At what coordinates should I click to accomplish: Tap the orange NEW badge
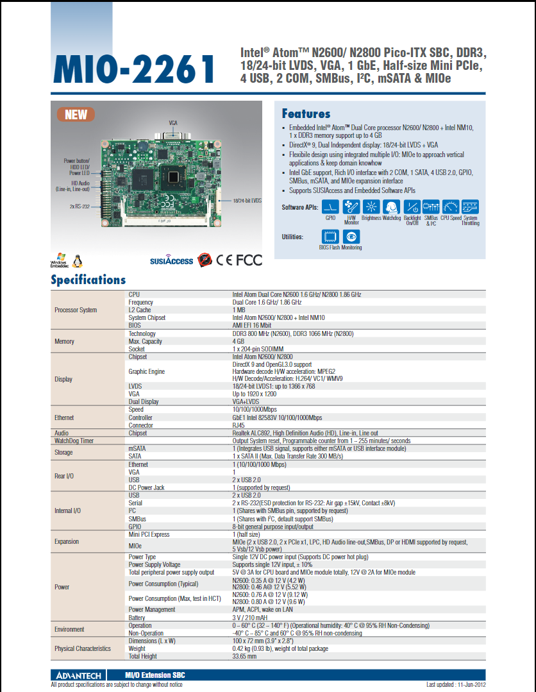point(76,115)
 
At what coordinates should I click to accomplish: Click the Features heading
point(306,114)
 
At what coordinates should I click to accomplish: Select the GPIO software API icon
point(330,207)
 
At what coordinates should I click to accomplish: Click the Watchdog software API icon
point(391,207)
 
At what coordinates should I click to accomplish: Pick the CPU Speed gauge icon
point(451,207)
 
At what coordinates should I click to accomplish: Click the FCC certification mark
point(249,260)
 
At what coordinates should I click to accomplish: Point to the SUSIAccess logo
point(171,260)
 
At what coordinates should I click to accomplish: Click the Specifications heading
point(88,280)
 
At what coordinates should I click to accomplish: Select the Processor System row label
point(76,310)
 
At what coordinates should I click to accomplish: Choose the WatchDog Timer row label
point(74,441)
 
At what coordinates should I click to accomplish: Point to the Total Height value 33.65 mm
point(244,656)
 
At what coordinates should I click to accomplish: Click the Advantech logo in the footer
point(74,675)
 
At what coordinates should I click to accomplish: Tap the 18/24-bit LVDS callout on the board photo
point(247,201)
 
